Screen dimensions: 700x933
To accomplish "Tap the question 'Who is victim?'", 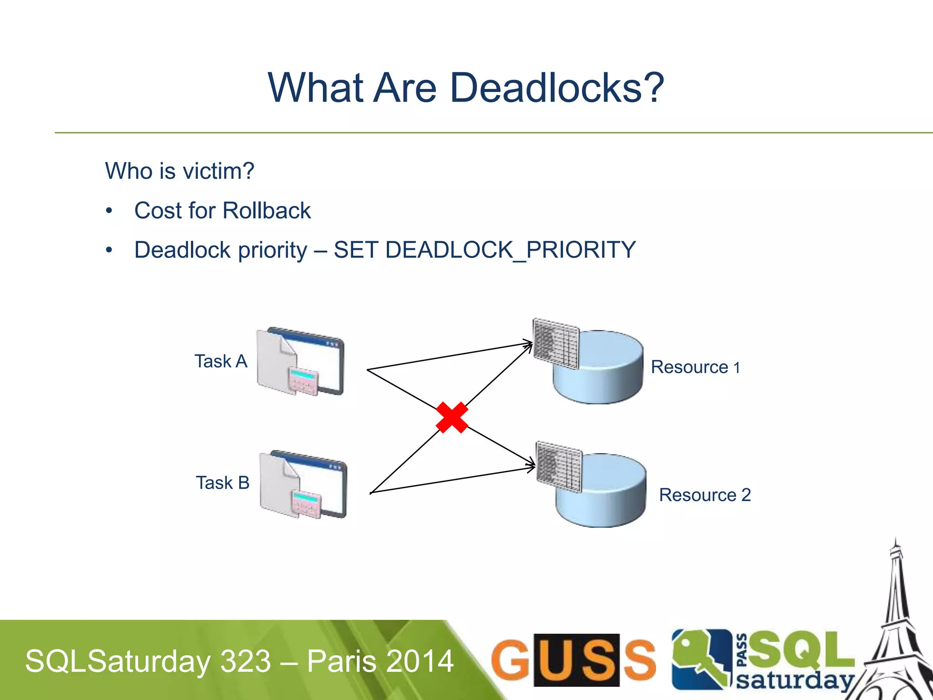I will pos(179,171).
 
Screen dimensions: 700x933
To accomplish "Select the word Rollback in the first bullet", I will pos(267,211).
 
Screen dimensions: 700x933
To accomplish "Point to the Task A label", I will pos(221,361).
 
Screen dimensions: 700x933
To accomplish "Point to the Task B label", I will pos(223,483).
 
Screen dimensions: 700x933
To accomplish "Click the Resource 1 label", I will pos(695,367).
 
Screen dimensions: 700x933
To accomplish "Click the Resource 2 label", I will pos(705,495).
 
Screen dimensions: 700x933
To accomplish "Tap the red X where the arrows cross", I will pos(452,417).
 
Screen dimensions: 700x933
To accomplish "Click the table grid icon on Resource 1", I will pos(556,343).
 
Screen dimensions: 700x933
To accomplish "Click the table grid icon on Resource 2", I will pos(559,466).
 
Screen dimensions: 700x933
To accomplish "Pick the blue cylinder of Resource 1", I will pos(606,374).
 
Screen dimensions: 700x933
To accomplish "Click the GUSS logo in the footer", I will pos(573,659).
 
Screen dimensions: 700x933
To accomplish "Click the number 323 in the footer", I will pos(246,661).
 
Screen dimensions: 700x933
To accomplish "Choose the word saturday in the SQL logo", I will pos(795,680).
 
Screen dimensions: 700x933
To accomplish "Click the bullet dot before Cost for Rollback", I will pos(109,211).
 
